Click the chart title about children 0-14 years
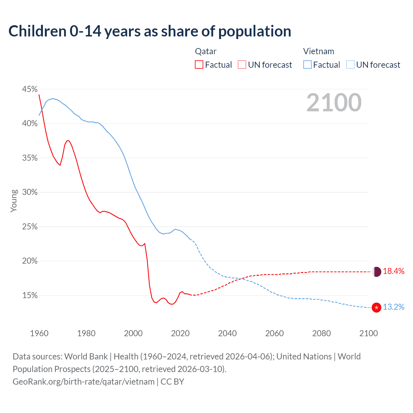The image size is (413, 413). pyautogui.click(x=150, y=31)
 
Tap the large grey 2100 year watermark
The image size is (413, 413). pyautogui.click(x=334, y=103)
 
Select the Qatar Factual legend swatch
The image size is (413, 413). pyautogui.click(x=199, y=65)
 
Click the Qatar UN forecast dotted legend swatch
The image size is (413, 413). pyautogui.click(x=242, y=65)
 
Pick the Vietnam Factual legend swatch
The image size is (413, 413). pyautogui.click(x=307, y=65)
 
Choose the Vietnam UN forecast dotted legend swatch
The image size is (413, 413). pyautogui.click(x=350, y=65)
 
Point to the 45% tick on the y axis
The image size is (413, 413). pyautogui.click(x=30, y=89)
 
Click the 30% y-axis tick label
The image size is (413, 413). pyautogui.click(x=30, y=192)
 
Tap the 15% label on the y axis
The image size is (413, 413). pyautogui.click(x=30, y=296)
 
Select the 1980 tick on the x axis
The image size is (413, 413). pyautogui.click(x=86, y=333)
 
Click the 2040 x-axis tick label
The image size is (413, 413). pyautogui.click(x=227, y=333)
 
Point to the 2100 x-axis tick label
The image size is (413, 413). pyautogui.click(x=368, y=333)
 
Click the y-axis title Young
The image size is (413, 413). pyautogui.click(x=14, y=201)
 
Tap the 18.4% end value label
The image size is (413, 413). pyautogui.click(x=394, y=271)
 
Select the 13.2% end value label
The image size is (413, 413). pyautogui.click(x=394, y=307)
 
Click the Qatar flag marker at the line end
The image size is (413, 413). pyautogui.click(x=377, y=272)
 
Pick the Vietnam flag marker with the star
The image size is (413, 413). pyautogui.click(x=377, y=307)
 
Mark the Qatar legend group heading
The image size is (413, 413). pyautogui.click(x=206, y=51)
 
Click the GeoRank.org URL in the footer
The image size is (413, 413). pyautogui.click(x=84, y=382)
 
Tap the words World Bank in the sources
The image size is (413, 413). pyautogui.click(x=86, y=357)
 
